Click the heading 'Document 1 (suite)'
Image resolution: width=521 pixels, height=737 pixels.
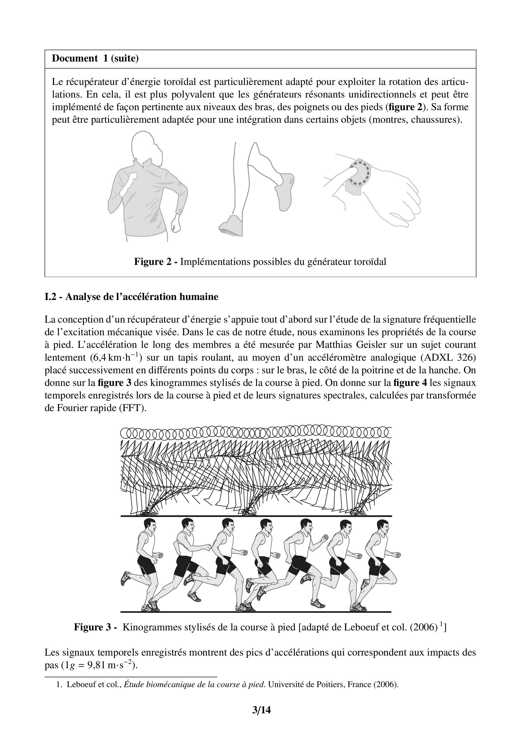[x=95, y=58]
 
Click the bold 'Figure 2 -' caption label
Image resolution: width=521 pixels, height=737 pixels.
[x=156, y=262]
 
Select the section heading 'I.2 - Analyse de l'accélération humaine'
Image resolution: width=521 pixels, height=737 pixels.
[x=131, y=297]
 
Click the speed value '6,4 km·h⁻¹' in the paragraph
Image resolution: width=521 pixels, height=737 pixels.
[x=116, y=357]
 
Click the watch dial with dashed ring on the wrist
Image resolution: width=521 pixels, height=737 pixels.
[x=359, y=173]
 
